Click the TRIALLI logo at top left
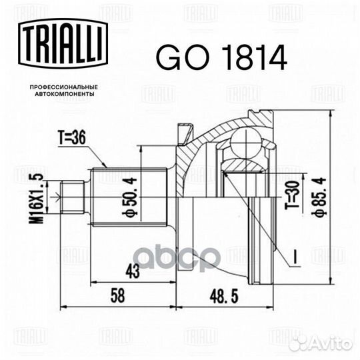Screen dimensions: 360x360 [63, 43]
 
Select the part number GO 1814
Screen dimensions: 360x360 [221, 57]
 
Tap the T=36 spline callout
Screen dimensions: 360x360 [71, 138]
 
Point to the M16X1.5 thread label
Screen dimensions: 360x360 [36, 199]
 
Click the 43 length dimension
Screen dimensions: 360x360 [133, 271]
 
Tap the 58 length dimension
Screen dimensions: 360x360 [118, 295]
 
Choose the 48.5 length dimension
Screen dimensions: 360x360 [224, 296]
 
